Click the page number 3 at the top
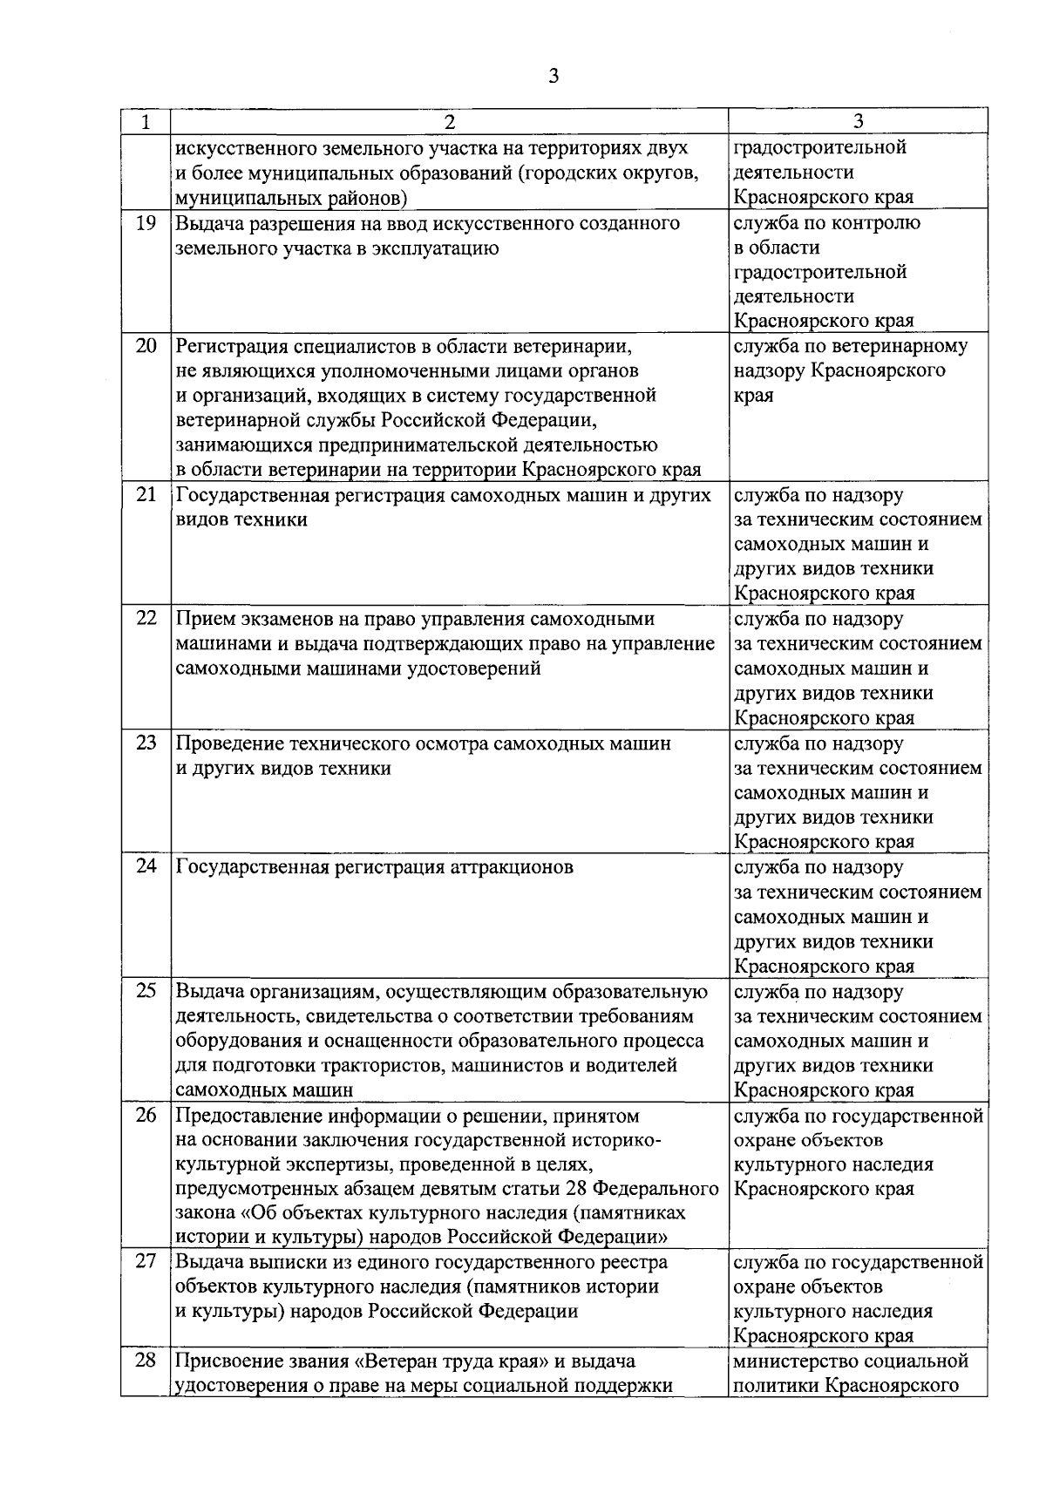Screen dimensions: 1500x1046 tap(554, 76)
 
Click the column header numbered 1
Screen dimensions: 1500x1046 tap(145, 122)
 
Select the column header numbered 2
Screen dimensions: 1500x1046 tap(449, 122)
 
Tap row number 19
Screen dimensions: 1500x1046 tap(146, 223)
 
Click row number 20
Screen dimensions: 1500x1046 tap(146, 346)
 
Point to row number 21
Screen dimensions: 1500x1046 tap(146, 495)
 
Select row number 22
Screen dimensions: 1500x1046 tap(146, 619)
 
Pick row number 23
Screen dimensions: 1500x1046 tap(146, 743)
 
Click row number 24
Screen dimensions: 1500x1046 tap(146, 867)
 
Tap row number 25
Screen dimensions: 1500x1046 tap(146, 991)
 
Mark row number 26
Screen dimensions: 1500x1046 tap(146, 1116)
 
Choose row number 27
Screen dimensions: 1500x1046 tap(146, 1262)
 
